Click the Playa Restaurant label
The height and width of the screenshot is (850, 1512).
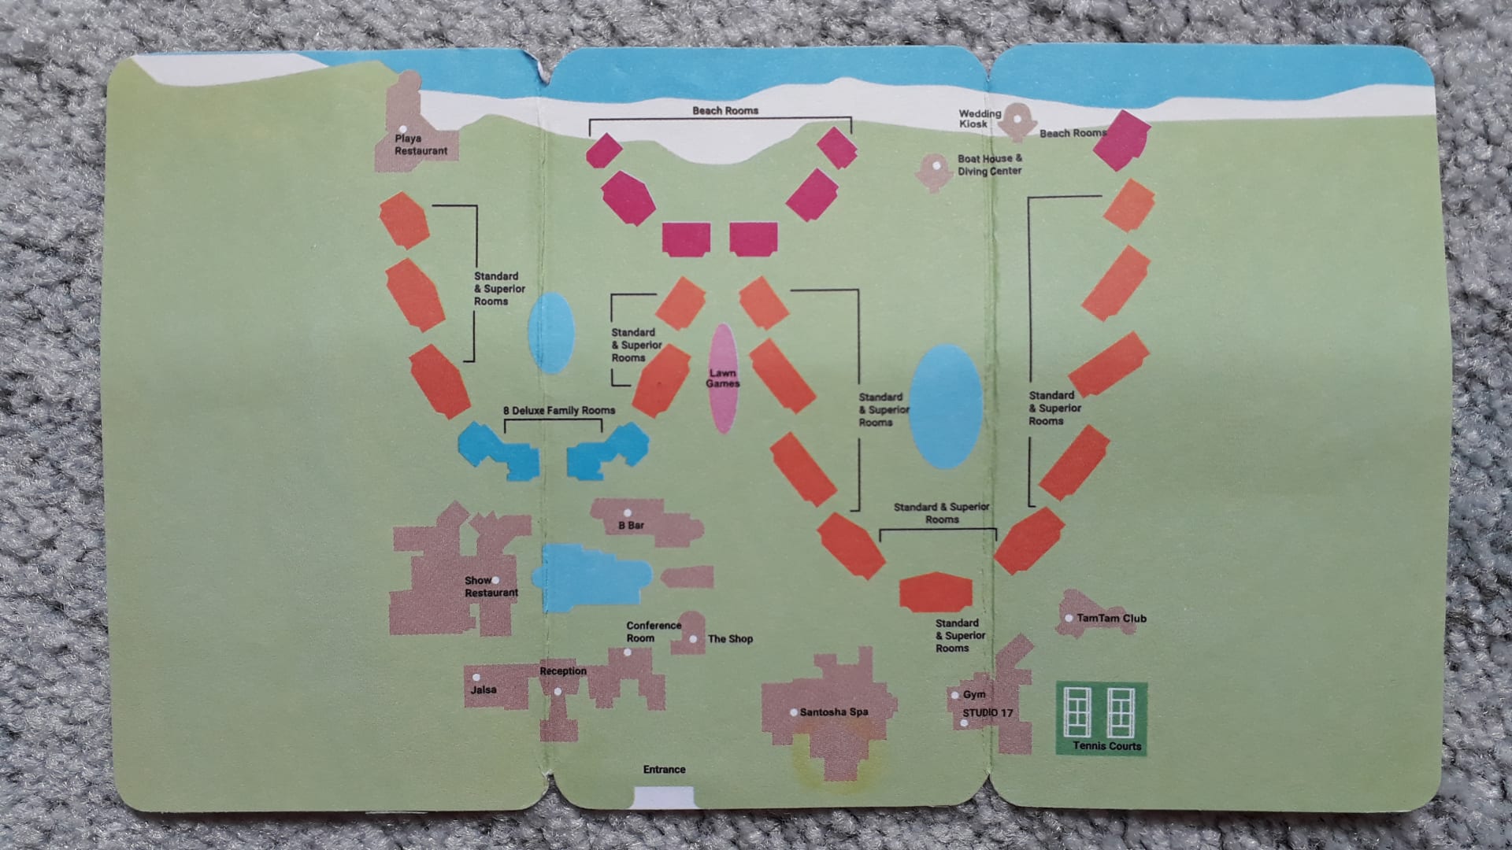pos(421,145)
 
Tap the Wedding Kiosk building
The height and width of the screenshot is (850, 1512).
pos(1017,120)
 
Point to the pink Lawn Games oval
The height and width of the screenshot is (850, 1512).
pos(723,379)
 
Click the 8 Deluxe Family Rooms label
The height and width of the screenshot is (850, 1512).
pos(559,410)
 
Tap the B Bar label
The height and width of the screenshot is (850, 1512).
pos(632,525)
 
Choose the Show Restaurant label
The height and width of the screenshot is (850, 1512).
pos(491,586)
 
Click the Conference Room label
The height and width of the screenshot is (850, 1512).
pos(654,631)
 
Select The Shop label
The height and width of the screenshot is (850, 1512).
pos(730,638)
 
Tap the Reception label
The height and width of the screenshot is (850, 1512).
pos(563,671)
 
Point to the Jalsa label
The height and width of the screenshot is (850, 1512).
pos(484,689)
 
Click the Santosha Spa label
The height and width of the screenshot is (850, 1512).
pos(834,711)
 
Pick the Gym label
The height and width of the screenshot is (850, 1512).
pos(974,694)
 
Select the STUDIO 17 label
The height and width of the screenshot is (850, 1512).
pos(988,712)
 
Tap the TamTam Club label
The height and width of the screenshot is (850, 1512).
pos(1111,618)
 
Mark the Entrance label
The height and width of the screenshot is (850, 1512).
pos(664,769)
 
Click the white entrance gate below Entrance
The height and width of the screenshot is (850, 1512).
pos(664,797)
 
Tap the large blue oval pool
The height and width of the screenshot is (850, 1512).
pos(945,406)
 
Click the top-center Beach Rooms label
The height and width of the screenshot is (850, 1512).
pos(725,110)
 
